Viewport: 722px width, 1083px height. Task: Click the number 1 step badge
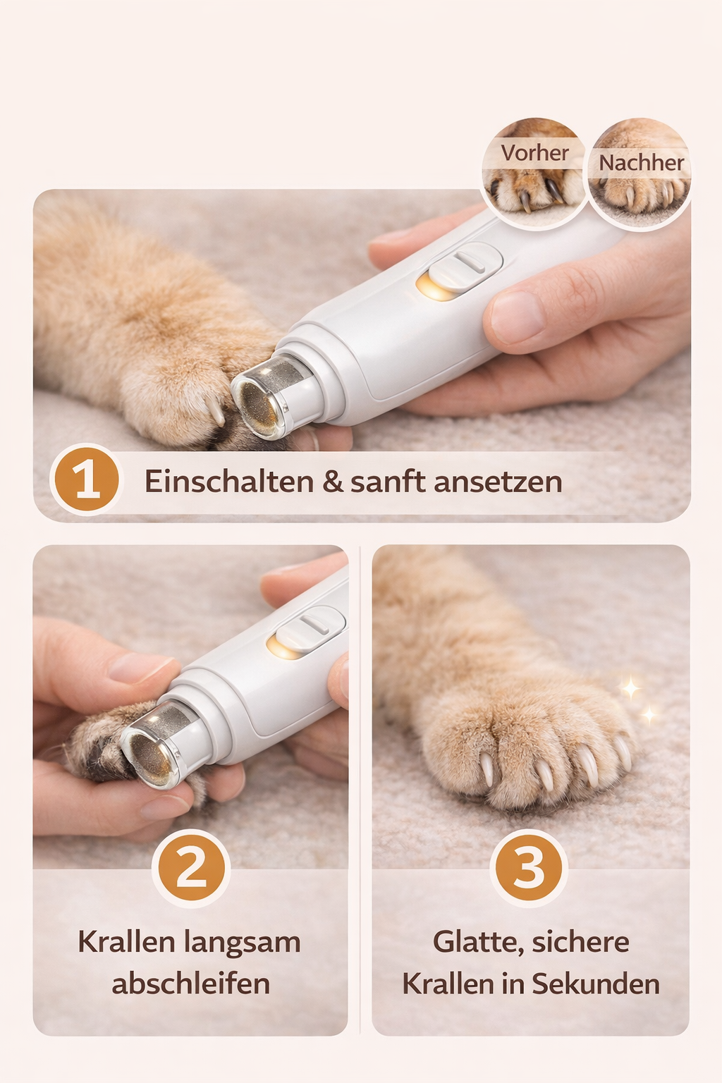point(87,480)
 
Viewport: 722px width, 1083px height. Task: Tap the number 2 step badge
point(191,868)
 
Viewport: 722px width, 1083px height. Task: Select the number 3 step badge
point(529,868)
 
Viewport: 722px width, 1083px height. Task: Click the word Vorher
point(534,152)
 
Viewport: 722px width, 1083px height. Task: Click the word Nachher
point(641,163)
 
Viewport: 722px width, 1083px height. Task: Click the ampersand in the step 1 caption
point(331,482)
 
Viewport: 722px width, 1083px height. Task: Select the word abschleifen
point(190,984)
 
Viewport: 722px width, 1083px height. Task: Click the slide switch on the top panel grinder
point(465,267)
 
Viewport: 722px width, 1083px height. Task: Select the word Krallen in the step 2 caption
point(126,942)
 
